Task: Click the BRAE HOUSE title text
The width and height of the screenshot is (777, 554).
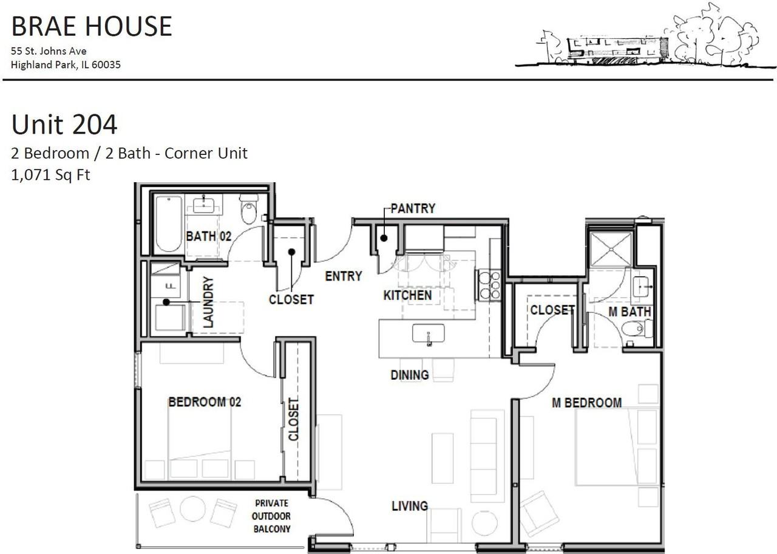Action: click(92, 27)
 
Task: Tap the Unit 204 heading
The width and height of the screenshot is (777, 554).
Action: click(64, 125)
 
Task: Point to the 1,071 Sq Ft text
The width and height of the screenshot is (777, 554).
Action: click(50, 175)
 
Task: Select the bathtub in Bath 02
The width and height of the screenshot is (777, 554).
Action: click(168, 224)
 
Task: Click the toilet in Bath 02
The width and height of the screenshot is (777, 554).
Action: click(249, 210)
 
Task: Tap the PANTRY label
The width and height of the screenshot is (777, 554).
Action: click(413, 208)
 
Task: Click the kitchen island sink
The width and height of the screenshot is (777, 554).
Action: click(429, 333)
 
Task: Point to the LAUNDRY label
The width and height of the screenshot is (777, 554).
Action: click(208, 302)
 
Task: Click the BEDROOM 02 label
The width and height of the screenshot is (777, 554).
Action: click(205, 402)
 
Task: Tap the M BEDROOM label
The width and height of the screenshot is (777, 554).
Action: click(586, 403)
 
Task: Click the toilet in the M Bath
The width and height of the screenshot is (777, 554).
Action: click(637, 329)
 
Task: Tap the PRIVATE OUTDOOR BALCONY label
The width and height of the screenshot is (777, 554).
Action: click(273, 516)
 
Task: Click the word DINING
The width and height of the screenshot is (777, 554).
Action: click(410, 375)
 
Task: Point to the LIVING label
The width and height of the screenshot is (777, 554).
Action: click(410, 506)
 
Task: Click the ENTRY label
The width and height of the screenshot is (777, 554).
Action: click(344, 276)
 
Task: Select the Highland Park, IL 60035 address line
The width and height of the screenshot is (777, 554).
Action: click(66, 65)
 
